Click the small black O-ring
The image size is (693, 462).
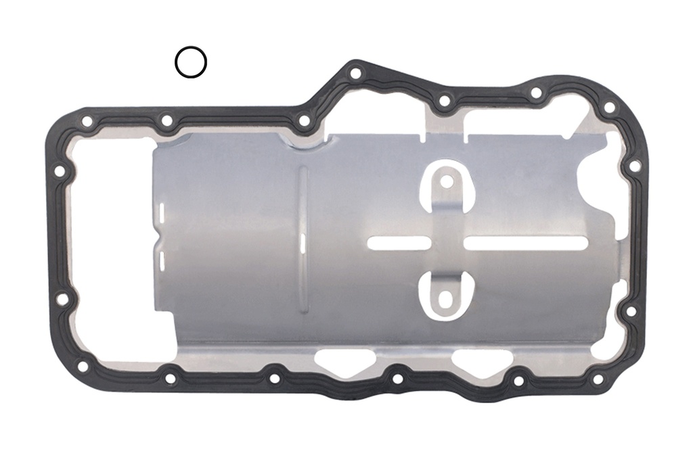coord(190,62)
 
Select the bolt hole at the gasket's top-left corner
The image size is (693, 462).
coord(87,122)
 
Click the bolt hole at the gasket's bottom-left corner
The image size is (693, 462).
coord(83,366)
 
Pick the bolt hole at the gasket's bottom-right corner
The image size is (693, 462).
coord(598,379)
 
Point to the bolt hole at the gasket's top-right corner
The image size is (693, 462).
coord(609,107)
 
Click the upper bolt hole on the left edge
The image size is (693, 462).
coord(60,171)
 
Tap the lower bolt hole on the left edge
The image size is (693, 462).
coord(62,298)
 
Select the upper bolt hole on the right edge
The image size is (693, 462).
coord(634,166)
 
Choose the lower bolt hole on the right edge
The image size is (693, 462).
coord(631,311)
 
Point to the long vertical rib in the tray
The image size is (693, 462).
coord(303,240)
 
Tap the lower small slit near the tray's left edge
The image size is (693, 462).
coord(163,261)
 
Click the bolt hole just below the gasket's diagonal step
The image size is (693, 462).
coord(305,121)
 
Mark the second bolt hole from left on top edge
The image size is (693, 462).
coord(166,121)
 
